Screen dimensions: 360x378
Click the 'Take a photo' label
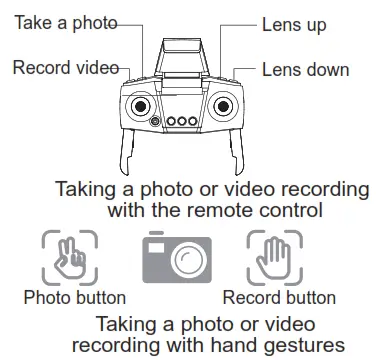(x=66, y=21)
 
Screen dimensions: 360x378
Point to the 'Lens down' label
(x=305, y=69)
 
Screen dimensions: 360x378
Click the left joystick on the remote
(x=141, y=105)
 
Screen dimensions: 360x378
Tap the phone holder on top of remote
(x=186, y=51)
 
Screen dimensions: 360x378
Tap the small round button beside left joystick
(x=156, y=122)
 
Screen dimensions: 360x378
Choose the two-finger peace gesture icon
(x=69, y=260)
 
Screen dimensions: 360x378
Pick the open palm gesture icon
(x=273, y=260)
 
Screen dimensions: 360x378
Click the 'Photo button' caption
(x=74, y=297)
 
